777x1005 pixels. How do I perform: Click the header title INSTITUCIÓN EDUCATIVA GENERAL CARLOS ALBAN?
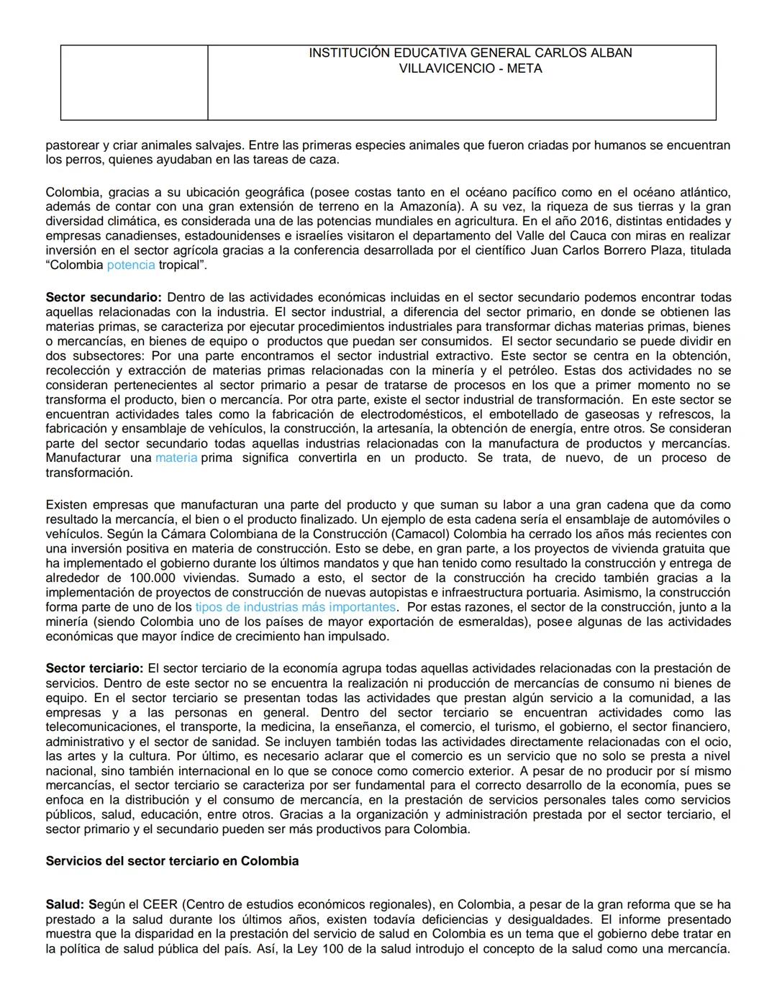(x=470, y=53)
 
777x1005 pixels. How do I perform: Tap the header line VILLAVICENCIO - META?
(x=470, y=69)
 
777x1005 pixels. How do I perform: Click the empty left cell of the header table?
(x=134, y=83)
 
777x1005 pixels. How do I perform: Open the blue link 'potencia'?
(x=131, y=265)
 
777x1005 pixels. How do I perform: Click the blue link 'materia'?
(x=176, y=458)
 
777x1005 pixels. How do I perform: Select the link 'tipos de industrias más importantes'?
(x=295, y=607)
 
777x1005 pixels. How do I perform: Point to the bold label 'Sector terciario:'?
(x=94, y=668)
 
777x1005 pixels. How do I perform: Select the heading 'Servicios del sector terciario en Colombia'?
(x=172, y=861)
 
